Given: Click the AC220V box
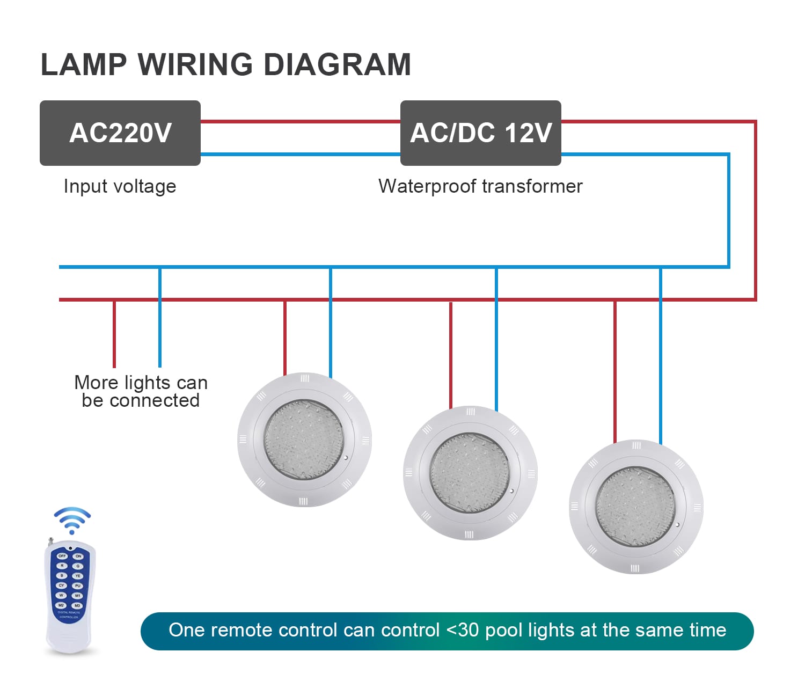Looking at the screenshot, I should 120,133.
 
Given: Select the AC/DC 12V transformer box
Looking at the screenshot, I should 480,133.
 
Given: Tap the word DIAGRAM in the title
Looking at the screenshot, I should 337,65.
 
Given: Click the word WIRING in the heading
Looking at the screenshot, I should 195,65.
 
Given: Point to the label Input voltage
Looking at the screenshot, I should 120,186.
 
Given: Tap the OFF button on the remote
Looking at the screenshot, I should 62,556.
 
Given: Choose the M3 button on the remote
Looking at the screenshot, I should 78,605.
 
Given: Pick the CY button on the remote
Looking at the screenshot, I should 62,585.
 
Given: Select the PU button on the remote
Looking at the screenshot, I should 78,585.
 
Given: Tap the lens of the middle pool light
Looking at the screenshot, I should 470,473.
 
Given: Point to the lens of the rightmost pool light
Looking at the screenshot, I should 635,506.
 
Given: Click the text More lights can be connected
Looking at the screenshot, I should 141,391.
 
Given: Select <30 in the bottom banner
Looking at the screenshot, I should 462,630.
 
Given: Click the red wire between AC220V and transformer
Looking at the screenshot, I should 301,122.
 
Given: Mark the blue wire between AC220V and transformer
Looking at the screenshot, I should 301,155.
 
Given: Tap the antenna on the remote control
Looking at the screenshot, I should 51,542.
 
